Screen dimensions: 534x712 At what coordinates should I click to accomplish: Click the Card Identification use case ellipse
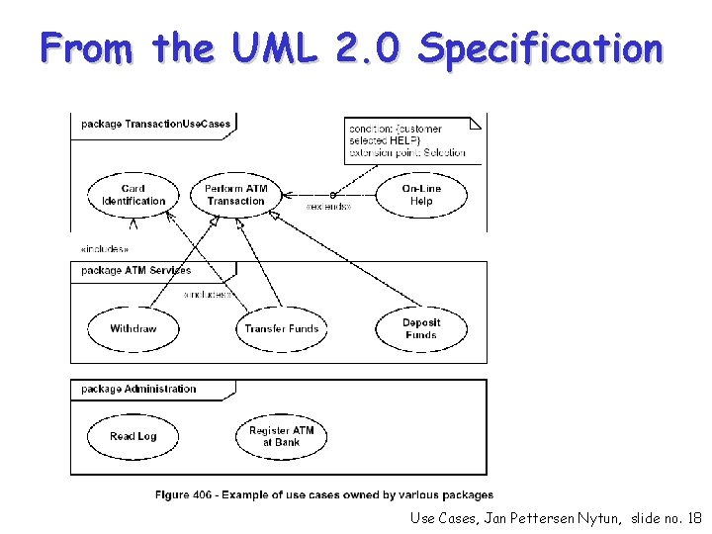click(133, 195)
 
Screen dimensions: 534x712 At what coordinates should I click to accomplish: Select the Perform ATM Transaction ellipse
click(235, 195)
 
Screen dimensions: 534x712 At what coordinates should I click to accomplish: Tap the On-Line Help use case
click(421, 195)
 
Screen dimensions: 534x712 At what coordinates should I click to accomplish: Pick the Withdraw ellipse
click(133, 328)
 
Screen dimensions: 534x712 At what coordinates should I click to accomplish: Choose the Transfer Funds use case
click(282, 328)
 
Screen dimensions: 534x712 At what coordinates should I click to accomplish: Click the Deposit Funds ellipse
click(421, 328)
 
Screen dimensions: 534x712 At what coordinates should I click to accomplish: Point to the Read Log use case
click(133, 436)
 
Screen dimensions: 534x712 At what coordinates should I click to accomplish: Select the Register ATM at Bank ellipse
click(282, 436)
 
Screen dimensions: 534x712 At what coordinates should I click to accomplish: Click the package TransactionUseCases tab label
click(155, 125)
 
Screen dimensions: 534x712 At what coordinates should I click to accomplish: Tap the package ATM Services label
click(136, 270)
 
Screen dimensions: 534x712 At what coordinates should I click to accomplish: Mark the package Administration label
click(138, 389)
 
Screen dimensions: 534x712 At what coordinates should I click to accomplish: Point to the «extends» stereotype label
click(327, 207)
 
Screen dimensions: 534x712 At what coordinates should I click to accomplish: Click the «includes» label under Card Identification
click(104, 249)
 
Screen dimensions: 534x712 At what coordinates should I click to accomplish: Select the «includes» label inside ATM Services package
click(209, 295)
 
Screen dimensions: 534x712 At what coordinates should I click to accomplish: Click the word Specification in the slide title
click(540, 47)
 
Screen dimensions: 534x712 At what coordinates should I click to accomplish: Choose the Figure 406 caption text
click(323, 494)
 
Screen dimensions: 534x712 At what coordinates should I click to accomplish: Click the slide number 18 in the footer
click(693, 517)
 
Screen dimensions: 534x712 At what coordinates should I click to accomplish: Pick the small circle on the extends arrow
click(332, 194)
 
